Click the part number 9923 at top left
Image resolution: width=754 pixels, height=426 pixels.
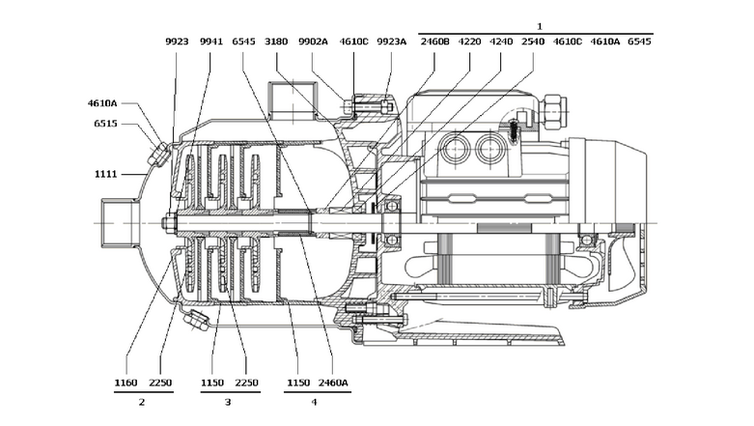177,43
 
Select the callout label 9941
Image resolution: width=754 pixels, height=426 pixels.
210,43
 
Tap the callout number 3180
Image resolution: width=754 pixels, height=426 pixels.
276,43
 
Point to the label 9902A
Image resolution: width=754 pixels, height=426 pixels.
313,43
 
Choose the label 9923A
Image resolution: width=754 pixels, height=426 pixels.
391,43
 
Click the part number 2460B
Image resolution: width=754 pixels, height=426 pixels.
434,43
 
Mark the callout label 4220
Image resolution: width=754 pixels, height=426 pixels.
469,43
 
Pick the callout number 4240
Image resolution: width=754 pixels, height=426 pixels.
501,43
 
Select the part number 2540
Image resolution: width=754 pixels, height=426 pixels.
533,43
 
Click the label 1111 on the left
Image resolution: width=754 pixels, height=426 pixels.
105,174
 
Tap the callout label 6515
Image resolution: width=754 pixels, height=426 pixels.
105,124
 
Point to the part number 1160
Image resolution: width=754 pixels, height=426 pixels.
126,383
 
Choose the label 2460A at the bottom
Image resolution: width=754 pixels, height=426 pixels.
333,383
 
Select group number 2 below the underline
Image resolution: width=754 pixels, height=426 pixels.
142,401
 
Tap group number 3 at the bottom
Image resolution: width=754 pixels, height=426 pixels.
228,401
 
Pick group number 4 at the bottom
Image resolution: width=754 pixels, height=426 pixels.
314,401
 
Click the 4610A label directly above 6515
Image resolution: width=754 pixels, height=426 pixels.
101,102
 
